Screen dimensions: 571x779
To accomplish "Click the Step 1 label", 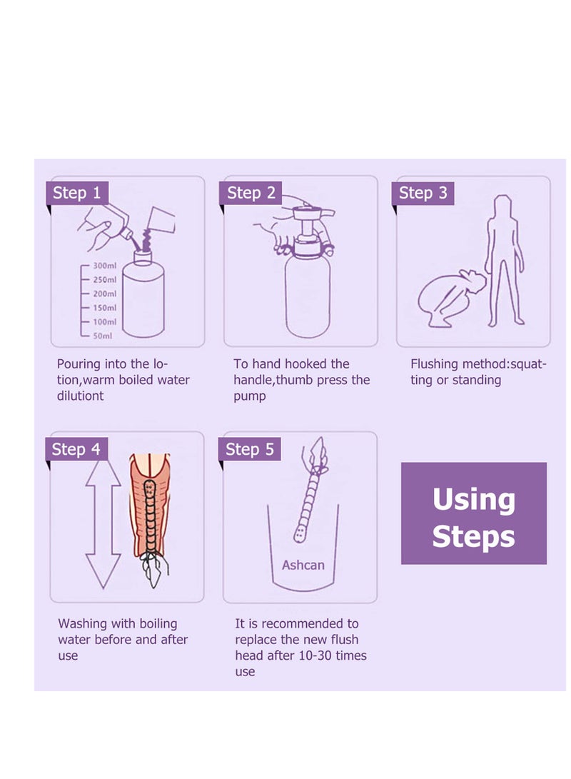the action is click(x=77, y=193).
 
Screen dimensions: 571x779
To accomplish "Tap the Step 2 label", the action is click(x=251, y=193).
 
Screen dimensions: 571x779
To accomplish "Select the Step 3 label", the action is click(x=423, y=193).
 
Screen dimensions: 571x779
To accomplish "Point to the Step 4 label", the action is click(x=76, y=449).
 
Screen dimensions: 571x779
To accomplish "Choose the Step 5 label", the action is click(x=250, y=449).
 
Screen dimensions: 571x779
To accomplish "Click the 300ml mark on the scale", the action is click(x=104, y=266).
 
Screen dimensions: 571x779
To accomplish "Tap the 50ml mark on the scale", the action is click(x=102, y=336).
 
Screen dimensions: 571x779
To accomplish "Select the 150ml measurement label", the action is click(x=104, y=308).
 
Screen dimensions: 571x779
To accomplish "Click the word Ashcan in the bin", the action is click(x=303, y=565).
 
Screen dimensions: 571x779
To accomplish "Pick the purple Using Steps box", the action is click(x=474, y=513).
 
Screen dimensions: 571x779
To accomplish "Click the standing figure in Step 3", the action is click(x=504, y=261).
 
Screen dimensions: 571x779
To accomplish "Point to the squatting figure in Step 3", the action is click(x=450, y=298).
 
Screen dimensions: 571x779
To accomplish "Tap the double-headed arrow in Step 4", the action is click(x=103, y=524).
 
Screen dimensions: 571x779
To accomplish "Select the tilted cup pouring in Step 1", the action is click(x=162, y=221).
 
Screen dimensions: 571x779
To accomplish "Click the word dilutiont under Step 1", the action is click(x=81, y=396).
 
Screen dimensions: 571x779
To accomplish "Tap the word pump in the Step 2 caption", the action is click(x=250, y=397).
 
